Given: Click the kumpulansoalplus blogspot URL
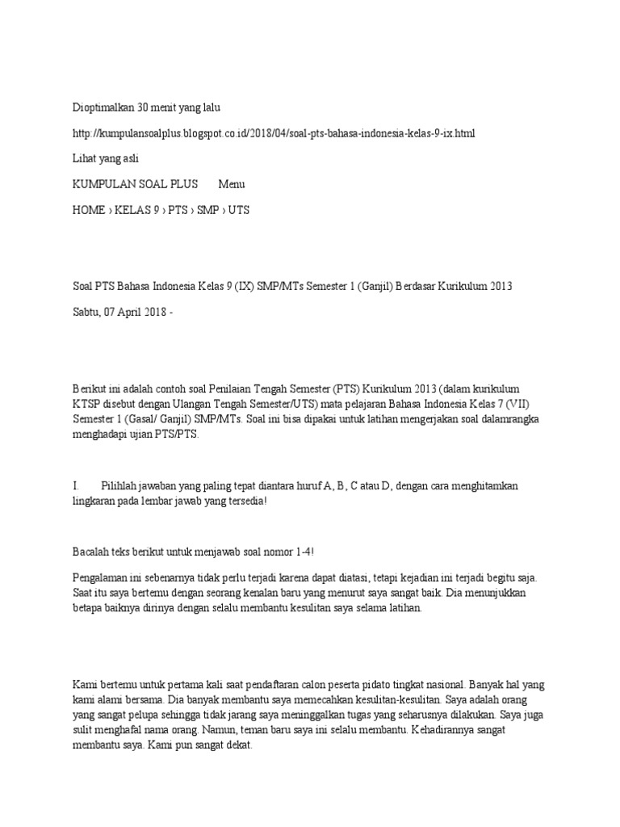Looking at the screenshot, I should tap(274, 132).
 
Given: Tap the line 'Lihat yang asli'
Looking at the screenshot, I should tap(106, 158).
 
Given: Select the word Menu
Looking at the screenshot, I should tap(232, 184).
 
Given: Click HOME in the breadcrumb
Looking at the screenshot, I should tap(89, 210).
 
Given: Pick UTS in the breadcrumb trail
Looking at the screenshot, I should tap(239, 210).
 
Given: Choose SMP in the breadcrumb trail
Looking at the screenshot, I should tap(208, 210).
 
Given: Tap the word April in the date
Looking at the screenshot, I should tap(136, 312).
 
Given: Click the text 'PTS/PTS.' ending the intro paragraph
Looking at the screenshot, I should tap(177, 434).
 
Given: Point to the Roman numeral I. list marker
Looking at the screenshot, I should tap(76, 486).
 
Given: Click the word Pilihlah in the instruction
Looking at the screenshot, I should tap(121, 486).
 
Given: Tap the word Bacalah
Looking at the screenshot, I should tap(92, 552).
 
